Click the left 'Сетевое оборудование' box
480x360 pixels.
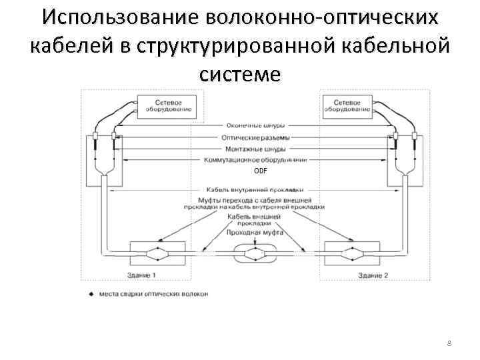tap(167, 107)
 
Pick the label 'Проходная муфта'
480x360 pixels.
tap(255, 233)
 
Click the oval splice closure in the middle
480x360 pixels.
tap(254, 253)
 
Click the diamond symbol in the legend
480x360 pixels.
tap(91, 294)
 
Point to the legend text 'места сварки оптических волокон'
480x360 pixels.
tap(153, 294)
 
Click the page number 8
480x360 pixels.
tap(449, 343)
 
